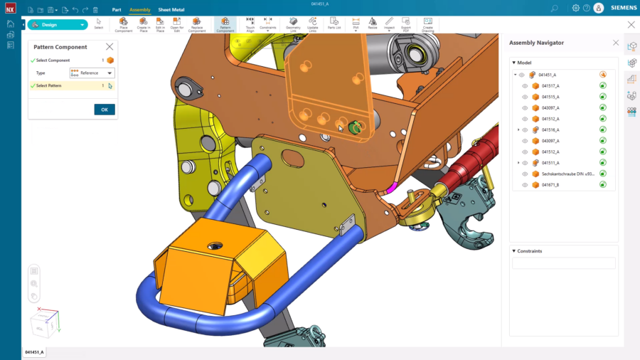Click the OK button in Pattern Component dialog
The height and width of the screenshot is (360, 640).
click(x=105, y=110)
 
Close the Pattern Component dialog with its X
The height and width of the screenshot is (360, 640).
click(x=110, y=47)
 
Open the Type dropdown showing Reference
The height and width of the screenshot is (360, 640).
click(x=92, y=73)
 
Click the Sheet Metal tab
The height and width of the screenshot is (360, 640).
click(x=171, y=10)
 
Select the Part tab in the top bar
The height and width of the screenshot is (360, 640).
click(x=116, y=10)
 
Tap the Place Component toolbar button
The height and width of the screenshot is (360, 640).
click(x=124, y=25)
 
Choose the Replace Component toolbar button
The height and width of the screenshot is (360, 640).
click(x=197, y=25)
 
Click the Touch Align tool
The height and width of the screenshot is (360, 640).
click(x=250, y=25)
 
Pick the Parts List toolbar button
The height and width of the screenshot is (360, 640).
click(x=334, y=24)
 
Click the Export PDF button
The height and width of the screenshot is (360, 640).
click(x=405, y=25)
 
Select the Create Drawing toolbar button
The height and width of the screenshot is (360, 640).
click(x=427, y=25)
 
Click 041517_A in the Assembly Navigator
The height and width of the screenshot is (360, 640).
click(x=550, y=85)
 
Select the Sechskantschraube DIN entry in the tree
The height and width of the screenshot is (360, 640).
click(x=567, y=174)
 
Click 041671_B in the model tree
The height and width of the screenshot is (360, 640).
click(x=550, y=185)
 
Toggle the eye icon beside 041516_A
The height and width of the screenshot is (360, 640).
click(x=525, y=130)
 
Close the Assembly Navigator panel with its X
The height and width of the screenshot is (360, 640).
click(x=616, y=43)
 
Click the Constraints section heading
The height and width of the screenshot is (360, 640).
click(x=530, y=251)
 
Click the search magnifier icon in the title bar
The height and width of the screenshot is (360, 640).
click(x=555, y=8)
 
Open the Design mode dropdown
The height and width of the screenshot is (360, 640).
click(x=58, y=25)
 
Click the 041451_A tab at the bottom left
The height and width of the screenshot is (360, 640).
click(x=34, y=352)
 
